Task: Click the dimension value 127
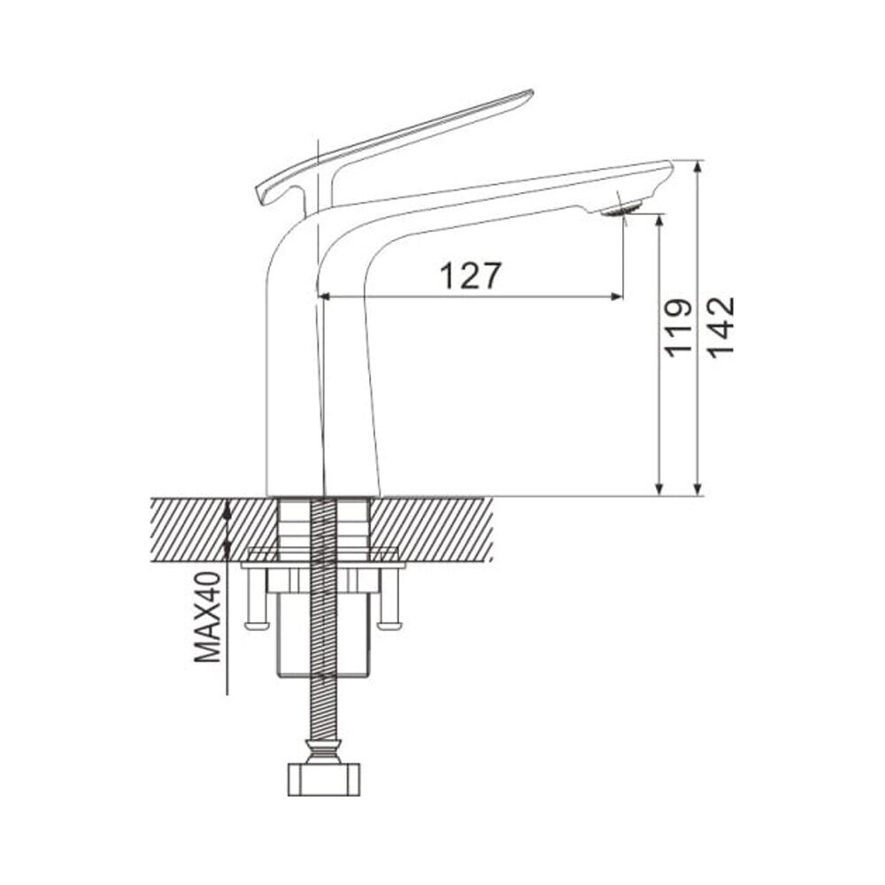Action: tap(470, 276)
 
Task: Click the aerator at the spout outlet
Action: tap(621, 210)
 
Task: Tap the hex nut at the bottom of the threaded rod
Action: tap(324, 780)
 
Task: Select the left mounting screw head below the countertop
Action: tap(258, 625)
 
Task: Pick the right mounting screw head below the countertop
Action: tap(390, 625)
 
